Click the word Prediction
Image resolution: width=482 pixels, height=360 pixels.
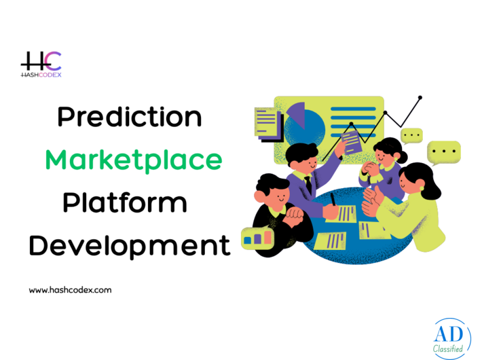pos(129,118)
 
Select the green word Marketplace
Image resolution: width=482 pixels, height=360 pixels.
pos(134,160)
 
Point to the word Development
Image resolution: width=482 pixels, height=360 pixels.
pos(130,245)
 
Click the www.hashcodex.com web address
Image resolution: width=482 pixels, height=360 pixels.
pos(70,289)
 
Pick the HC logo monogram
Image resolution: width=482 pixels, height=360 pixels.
pos(41,62)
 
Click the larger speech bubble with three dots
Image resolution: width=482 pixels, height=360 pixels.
pos(444,153)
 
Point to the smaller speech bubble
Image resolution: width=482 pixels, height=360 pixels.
pos(411,136)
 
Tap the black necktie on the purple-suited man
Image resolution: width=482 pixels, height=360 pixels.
pos(308,184)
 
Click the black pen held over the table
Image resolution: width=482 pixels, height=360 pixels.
pos(333,199)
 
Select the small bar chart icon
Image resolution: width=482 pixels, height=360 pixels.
pos(258,237)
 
